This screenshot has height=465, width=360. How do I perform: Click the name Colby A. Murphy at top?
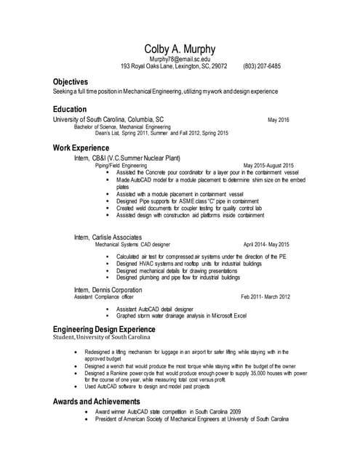(x=180, y=48)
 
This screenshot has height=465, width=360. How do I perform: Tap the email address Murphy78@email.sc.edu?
(x=180, y=58)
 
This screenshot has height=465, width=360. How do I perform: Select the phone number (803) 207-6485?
(x=262, y=66)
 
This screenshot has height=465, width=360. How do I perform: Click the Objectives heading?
(x=71, y=82)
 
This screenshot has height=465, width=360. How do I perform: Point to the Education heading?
(x=69, y=109)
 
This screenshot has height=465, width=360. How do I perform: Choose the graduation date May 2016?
(x=278, y=120)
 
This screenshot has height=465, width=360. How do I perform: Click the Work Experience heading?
(x=81, y=148)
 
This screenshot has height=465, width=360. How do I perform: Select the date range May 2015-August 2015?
(x=268, y=165)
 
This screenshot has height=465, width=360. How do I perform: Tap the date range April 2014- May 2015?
(x=266, y=245)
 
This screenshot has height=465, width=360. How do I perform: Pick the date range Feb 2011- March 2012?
(x=265, y=296)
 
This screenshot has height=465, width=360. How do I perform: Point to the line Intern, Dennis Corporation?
(x=108, y=289)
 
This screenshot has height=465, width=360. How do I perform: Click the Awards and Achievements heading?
(x=97, y=401)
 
